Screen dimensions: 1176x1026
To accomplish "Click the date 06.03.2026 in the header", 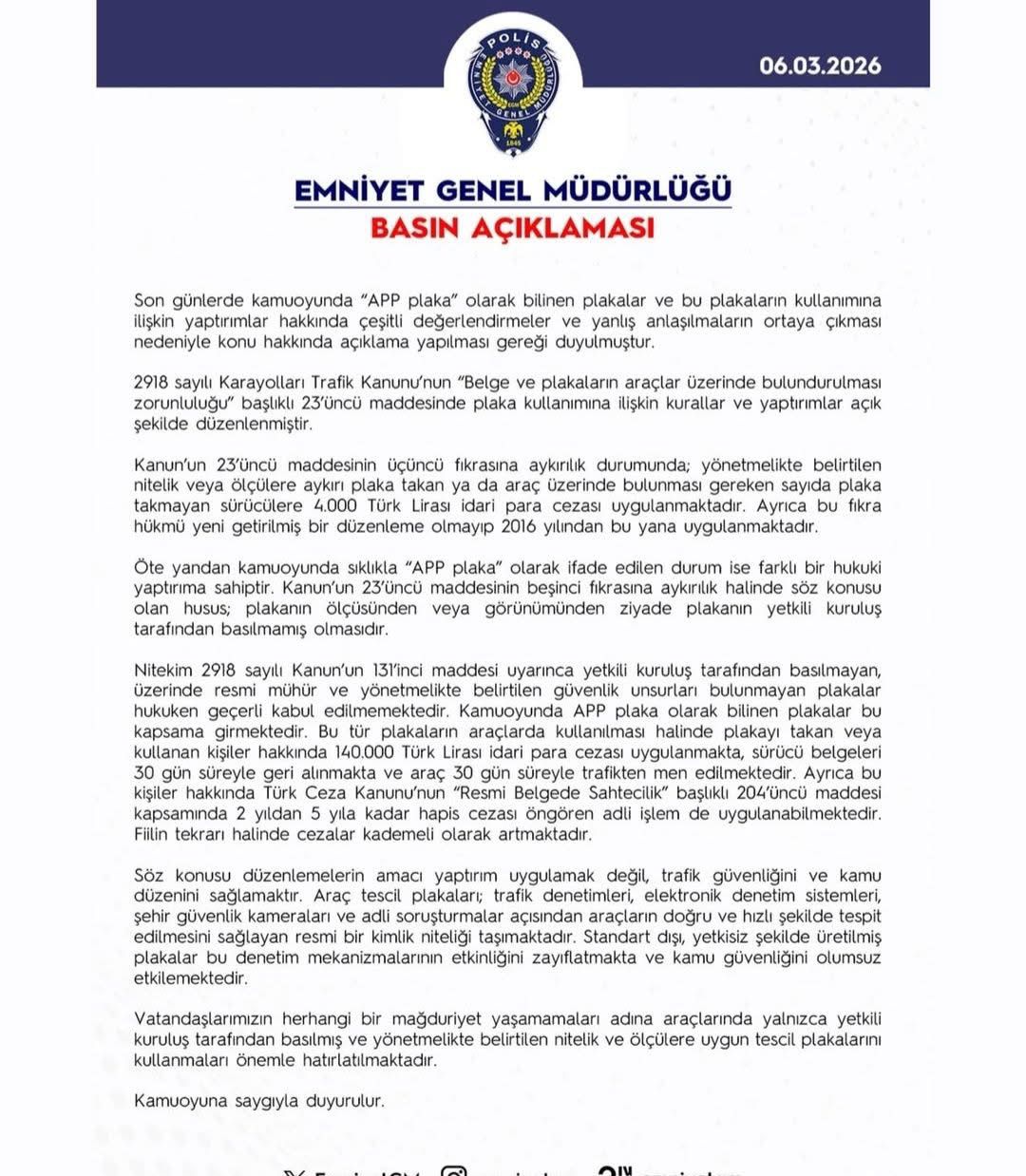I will click(819, 66).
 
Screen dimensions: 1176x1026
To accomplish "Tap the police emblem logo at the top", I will click(513, 91).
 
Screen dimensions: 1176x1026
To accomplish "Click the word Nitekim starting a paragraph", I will click(163, 671).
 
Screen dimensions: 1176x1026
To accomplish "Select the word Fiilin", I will click(152, 835).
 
